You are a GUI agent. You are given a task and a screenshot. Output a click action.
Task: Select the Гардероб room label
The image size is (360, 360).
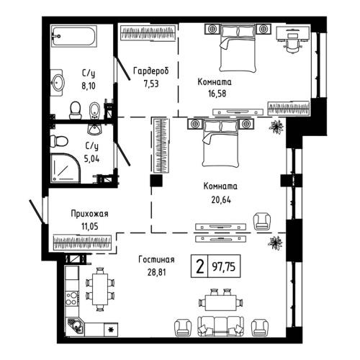[x=151, y=71]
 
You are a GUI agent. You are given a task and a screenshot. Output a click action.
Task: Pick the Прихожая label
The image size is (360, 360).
[x=89, y=214]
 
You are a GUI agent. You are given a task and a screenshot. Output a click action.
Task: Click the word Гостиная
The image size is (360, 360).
[x=156, y=260]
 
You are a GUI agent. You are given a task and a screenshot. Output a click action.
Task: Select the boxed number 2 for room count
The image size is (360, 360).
[x=199, y=266]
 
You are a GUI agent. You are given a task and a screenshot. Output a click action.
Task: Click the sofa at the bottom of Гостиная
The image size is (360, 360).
[x=219, y=325]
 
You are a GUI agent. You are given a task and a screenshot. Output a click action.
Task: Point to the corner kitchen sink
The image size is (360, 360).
[x=73, y=327]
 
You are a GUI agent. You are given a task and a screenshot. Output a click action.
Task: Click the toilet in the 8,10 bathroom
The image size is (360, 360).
[x=75, y=109]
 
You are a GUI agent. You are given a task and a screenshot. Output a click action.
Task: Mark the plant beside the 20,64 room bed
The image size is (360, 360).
[x=275, y=128]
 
